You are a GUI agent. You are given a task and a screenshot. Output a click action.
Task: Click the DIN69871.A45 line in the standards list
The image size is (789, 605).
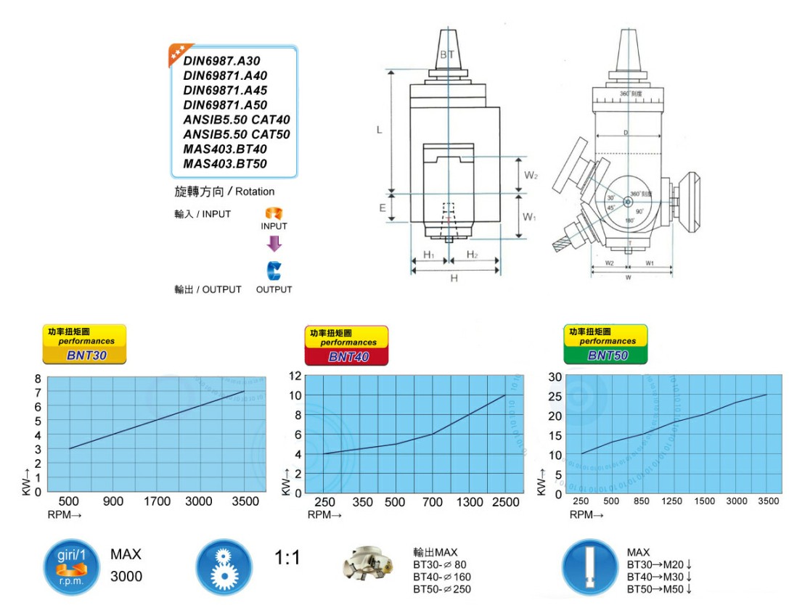pos(225,91)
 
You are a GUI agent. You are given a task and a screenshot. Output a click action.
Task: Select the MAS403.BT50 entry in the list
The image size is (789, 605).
pos(225,164)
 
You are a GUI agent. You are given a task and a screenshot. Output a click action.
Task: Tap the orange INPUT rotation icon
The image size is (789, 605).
pos(274,214)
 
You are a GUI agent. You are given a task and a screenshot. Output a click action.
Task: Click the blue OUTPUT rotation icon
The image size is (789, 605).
pos(274,271)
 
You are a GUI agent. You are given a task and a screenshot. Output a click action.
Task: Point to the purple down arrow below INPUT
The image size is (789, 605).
pos(274,244)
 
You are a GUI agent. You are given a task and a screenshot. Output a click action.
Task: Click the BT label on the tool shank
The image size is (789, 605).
pos(447,55)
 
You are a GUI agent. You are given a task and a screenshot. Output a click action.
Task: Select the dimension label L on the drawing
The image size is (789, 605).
pos(379,130)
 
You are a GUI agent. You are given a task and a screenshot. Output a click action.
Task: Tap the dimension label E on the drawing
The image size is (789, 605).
pos(382,207)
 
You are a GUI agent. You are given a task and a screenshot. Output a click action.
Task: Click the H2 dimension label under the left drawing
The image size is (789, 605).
pos(472,254)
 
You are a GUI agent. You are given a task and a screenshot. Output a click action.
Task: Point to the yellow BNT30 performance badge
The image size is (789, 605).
pos(85,345)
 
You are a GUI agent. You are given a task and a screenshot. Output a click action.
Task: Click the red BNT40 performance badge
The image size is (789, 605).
pos(347,346)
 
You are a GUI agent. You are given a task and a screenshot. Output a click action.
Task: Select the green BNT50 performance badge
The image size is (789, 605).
pos(606,345)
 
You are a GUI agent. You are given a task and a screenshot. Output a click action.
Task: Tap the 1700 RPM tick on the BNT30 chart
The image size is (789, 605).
pos(157,501)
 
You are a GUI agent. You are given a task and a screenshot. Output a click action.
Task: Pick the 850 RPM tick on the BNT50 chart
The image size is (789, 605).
pos(642,501)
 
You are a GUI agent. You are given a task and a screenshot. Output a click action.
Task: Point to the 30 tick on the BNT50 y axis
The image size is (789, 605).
pos(555,376)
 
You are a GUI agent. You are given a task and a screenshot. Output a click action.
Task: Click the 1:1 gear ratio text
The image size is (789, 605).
pos(287,558)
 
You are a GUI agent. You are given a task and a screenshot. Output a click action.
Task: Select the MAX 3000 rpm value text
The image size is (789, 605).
pos(126,577)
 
